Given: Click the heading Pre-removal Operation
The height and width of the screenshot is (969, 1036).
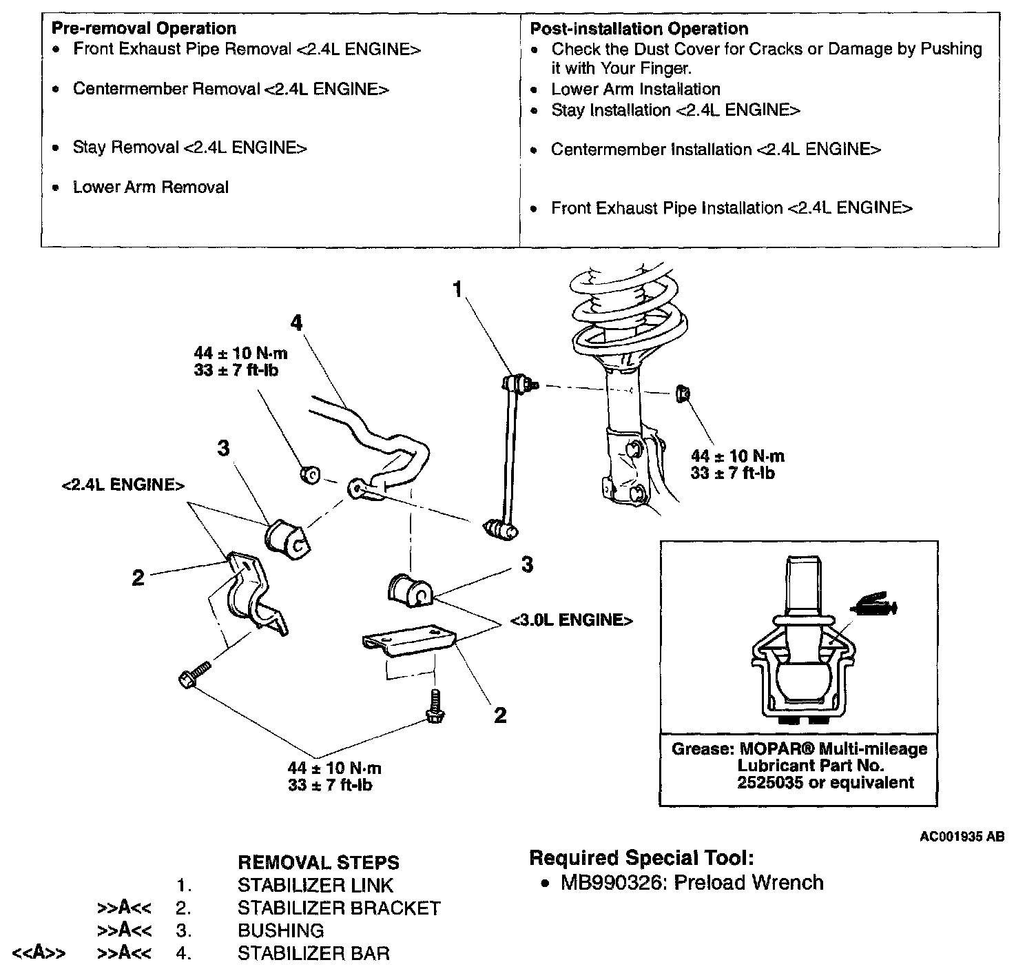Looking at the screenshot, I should [144, 28].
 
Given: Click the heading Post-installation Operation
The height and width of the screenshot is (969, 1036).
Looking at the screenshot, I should [639, 28].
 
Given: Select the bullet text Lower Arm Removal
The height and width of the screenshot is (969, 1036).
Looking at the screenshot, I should [150, 187].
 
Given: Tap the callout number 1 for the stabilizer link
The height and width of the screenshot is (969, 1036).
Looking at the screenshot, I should [457, 289].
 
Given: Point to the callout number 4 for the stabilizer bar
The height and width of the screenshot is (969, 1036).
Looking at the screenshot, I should [296, 322].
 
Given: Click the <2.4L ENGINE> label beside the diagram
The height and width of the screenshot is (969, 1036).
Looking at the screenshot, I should [123, 485].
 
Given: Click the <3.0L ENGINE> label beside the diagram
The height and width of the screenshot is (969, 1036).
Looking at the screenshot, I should [571, 620].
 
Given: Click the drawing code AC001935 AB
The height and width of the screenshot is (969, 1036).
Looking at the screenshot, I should [962, 837].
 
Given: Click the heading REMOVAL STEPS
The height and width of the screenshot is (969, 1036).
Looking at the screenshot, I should [318, 863].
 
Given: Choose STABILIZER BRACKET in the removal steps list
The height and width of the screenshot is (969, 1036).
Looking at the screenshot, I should [339, 908].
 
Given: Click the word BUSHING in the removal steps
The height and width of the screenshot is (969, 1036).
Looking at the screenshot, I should [280, 931].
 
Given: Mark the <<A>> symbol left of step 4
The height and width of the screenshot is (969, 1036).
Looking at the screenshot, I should [39, 954].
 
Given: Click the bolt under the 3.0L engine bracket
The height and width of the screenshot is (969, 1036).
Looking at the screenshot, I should [434, 708].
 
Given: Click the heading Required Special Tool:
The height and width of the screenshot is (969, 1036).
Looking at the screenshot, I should [641, 858].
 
